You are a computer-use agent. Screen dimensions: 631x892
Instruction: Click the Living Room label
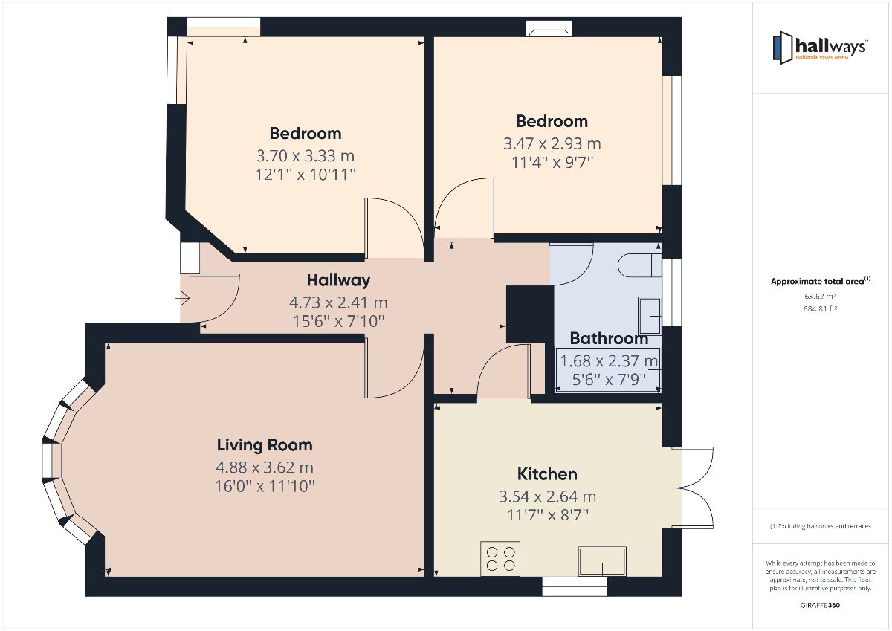[x=265, y=445]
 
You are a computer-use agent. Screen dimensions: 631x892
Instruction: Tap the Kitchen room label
[x=547, y=474]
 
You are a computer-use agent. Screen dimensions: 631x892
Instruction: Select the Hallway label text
[x=338, y=280]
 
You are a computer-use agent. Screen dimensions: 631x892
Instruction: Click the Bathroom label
[x=609, y=339]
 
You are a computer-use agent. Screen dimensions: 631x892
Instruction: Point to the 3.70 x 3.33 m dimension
[x=306, y=156]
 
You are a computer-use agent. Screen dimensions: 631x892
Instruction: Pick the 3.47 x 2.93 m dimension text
[x=552, y=143]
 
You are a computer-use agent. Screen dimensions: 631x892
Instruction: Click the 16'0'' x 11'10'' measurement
[x=265, y=487]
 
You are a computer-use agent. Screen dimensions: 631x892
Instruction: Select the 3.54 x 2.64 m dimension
[x=547, y=496]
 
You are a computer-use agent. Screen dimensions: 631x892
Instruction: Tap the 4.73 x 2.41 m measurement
[x=338, y=302]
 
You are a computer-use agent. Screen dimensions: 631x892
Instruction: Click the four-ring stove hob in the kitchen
[x=500, y=558]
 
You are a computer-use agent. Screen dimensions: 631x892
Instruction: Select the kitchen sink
[x=602, y=560]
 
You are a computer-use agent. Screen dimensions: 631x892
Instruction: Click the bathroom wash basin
[x=649, y=315]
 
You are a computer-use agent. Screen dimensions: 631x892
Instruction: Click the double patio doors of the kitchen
[x=693, y=487]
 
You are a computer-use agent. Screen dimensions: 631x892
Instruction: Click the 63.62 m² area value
[x=820, y=296]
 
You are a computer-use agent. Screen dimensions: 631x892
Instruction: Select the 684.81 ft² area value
[x=820, y=308]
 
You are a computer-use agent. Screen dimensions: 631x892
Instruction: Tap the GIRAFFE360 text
[x=821, y=605]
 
